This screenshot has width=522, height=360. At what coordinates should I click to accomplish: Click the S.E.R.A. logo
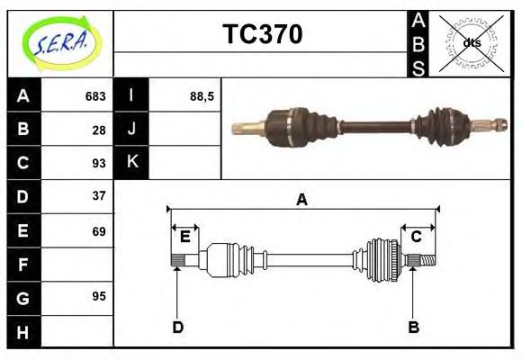[x=59, y=42]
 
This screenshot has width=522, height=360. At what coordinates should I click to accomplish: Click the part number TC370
[x=262, y=35]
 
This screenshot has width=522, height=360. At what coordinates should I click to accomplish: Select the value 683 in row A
[x=95, y=95]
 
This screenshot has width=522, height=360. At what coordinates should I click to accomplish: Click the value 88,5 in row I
[x=202, y=95]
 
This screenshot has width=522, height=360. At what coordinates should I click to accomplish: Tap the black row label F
[x=23, y=265]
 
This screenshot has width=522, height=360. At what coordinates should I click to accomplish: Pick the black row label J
[x=132, y=129]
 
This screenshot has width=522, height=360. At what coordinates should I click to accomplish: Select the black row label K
[x=132, y=163]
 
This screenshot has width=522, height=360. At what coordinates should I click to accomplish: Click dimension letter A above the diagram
[x=301, y=200]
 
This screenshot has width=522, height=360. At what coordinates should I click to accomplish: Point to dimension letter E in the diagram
[x=184, y=237]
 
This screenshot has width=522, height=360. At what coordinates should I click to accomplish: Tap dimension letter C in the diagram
[x=417, y=237]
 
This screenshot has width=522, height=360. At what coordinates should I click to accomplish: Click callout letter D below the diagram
[x=177, y=327]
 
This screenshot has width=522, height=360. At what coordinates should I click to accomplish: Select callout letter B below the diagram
[x=413, y=327]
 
